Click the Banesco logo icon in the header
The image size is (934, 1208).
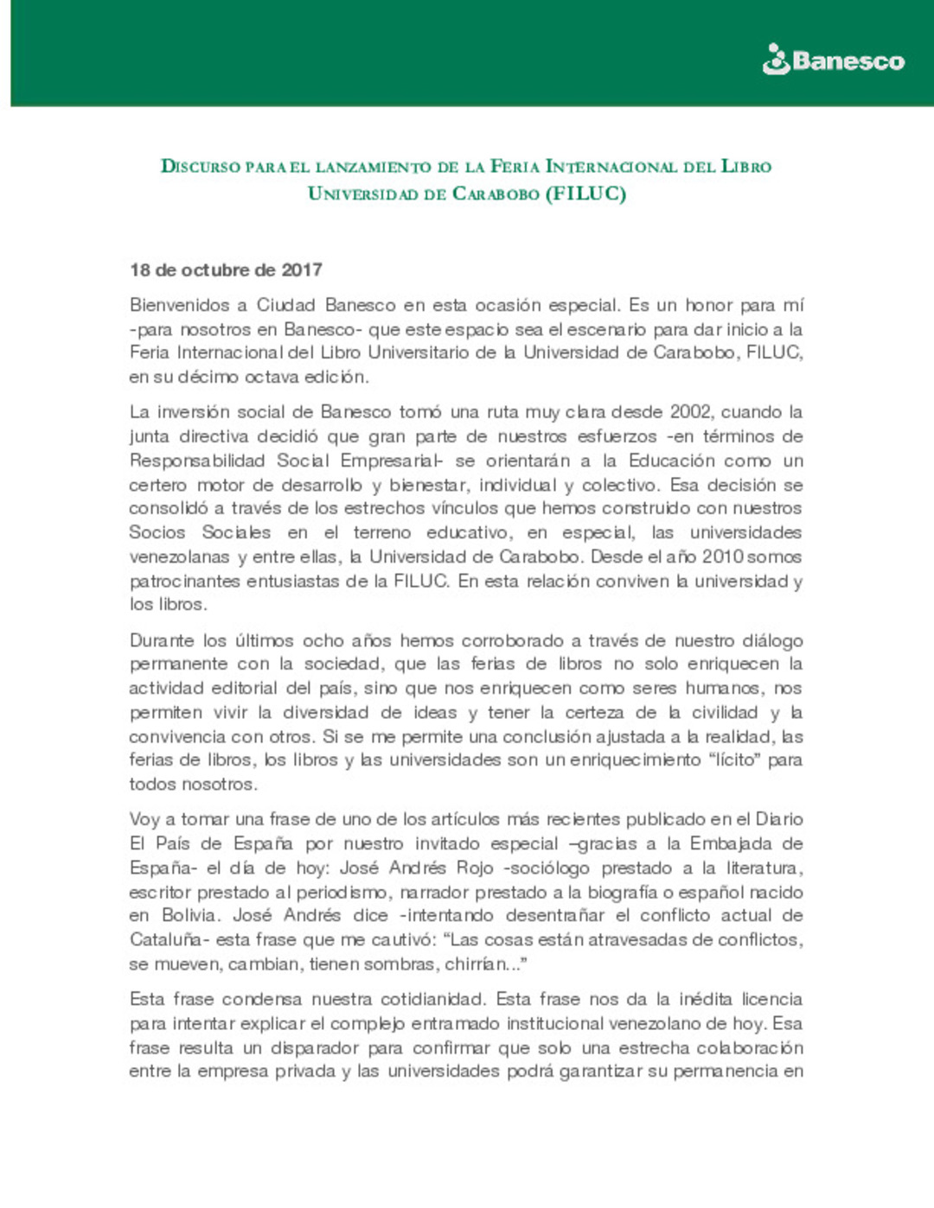776,60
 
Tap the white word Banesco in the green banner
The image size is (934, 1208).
848,61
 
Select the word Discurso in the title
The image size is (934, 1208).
201,167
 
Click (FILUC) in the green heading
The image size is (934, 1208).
585,194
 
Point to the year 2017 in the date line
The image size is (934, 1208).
302,270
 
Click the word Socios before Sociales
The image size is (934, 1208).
157,532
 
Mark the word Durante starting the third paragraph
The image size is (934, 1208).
162,640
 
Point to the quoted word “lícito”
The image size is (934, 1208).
733,760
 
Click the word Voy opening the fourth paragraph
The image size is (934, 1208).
144,819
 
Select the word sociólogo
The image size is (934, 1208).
548,868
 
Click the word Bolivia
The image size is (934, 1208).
192,915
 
